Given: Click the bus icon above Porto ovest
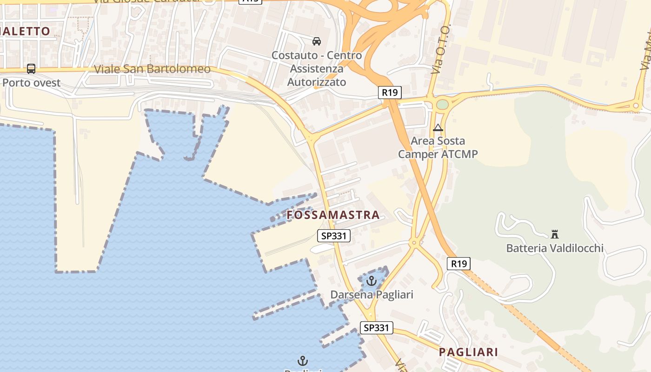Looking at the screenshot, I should click(31, 69).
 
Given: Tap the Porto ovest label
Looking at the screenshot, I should click(32, 83).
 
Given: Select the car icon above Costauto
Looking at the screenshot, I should click(317, 41).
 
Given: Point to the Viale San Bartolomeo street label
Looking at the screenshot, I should click(152, 69).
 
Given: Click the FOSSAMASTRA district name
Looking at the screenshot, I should click(333, 215).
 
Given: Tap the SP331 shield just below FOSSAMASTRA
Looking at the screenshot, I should click(334, 236).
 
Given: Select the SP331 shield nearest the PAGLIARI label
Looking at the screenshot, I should click(376, 328).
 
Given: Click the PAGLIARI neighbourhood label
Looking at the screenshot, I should click(468, 352).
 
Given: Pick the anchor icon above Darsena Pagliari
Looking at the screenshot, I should click(371, 281).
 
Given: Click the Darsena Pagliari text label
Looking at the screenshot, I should click(372, 295).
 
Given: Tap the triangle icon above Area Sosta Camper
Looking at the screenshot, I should click(438, 127).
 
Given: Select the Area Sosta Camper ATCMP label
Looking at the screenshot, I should click(438, 147).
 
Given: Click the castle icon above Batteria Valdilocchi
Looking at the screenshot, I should click(554, 233).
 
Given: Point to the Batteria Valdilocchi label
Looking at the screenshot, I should click(555, 248).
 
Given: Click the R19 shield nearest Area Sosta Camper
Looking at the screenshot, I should click(389, 93).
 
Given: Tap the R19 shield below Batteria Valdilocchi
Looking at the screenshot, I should click(458, 264).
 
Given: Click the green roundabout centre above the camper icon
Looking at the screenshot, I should click(442, 104).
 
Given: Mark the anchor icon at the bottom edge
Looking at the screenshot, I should click(303, 361).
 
